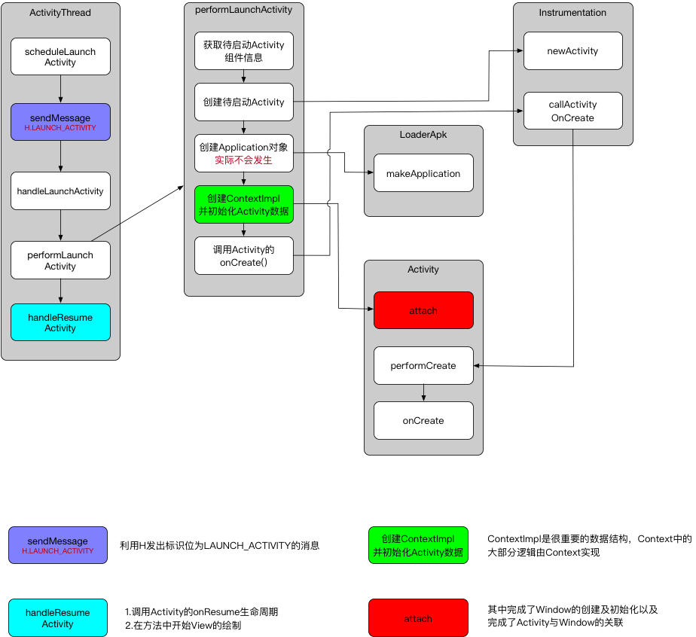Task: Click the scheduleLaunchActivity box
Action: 60,57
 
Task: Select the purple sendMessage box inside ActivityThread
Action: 60,122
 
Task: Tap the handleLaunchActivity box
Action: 60,191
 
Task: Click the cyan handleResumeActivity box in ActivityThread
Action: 60,322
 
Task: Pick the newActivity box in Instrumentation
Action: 572,51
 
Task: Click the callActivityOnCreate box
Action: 572,111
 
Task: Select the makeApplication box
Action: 423,173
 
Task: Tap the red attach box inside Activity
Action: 423,310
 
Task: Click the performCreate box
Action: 423,365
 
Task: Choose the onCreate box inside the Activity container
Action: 423,420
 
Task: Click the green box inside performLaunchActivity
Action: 243,205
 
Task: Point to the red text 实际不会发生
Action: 243,160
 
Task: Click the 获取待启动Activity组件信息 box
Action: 243,50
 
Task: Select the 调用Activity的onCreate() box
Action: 243,256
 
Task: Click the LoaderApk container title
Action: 423,134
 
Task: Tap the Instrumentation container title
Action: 572,13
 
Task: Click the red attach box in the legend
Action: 418,618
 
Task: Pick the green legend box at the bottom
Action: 418,545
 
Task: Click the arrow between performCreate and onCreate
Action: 423,392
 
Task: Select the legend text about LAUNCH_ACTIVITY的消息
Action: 219,545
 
